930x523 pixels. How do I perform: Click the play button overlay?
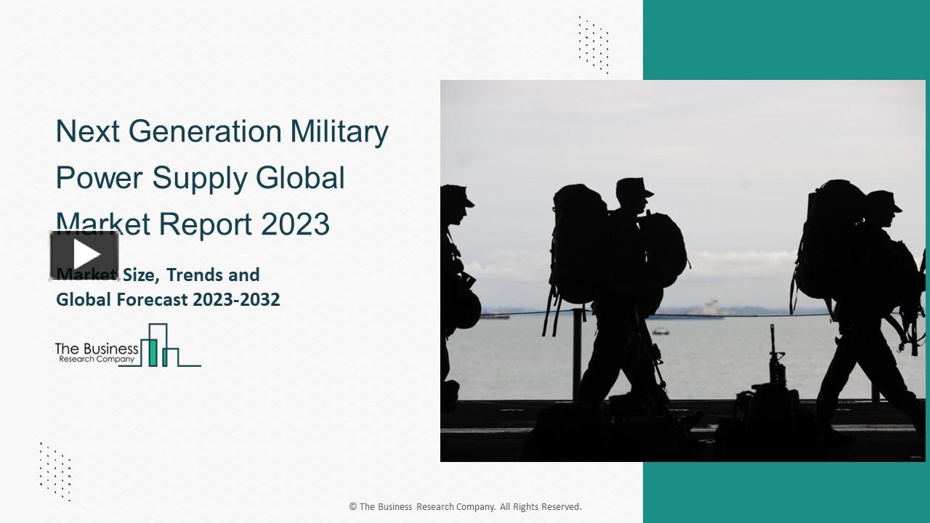[84, 255]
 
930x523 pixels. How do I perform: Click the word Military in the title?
[339, 131]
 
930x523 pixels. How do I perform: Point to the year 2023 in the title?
[295, 224]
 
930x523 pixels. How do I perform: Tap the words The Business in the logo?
[97, 349]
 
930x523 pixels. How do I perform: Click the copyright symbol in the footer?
[353, 507]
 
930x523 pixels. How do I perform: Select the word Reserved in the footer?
[559, 507]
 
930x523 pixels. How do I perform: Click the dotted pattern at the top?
[593, 44]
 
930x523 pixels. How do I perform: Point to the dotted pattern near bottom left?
[55, 471]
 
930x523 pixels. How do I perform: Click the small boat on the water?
[660, 331]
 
